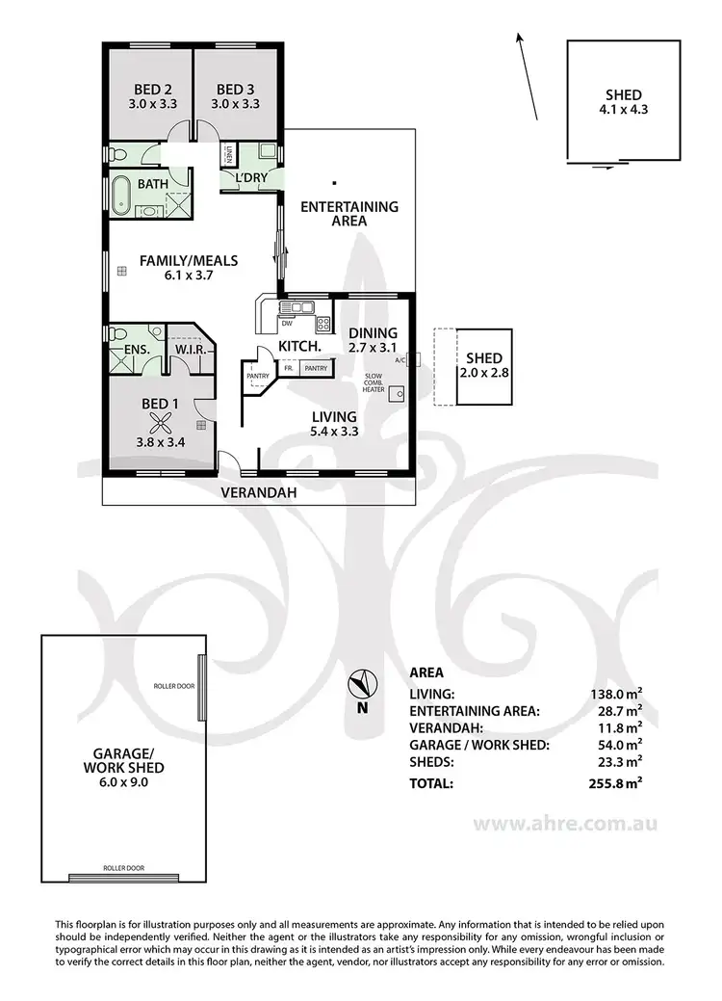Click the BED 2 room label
(148, 85)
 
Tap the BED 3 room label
(235, 85)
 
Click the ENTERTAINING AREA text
(348, 213)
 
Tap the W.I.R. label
(191, 350)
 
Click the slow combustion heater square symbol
(395, 393)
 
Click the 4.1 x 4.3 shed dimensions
(624, 109)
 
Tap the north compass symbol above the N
(361, 683)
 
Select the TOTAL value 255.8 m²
(616, 784)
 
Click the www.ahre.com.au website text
(566, 824)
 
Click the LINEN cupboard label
(231, 154)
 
